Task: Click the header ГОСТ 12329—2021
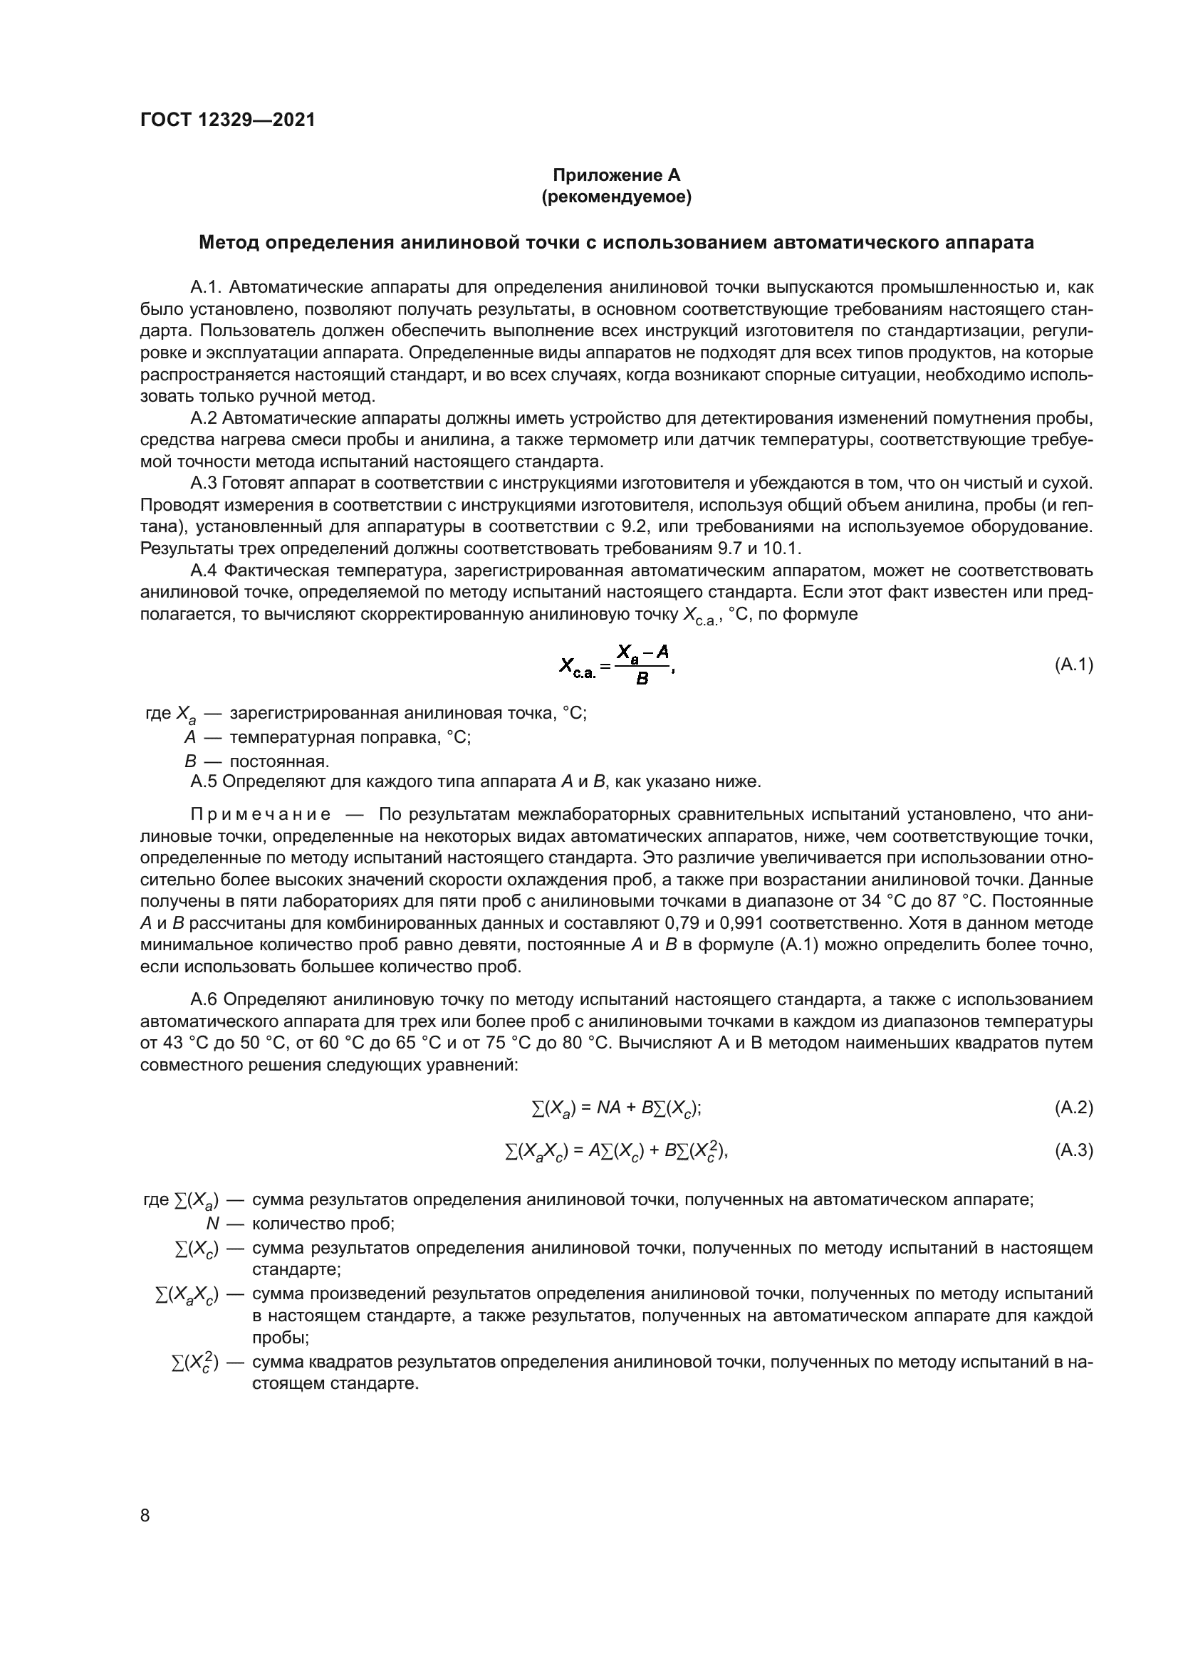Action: pyautogui.click(x=228, y=120)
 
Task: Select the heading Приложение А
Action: pyautogui.click(x=617, y=175)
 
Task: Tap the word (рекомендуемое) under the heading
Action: pyautogui.click(x=617, y=197)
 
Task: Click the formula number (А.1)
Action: pyautogui.click(x=1073, y=665)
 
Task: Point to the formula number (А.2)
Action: pyautogui.click(x=1073, y=1108)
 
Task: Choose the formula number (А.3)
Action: pyautogui.click(x=1073, y=1150)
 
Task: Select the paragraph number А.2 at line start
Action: pyautogui.click(x=204, y=419)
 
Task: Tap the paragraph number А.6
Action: pyautogui.click(x=204, y=1000)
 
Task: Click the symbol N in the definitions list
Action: pyautogui.click(x=212, y=1224)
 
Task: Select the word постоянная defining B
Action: pyautogui.click(x=279, y=761)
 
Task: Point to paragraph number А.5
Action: pyautogui.click(x=204, y=781)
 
